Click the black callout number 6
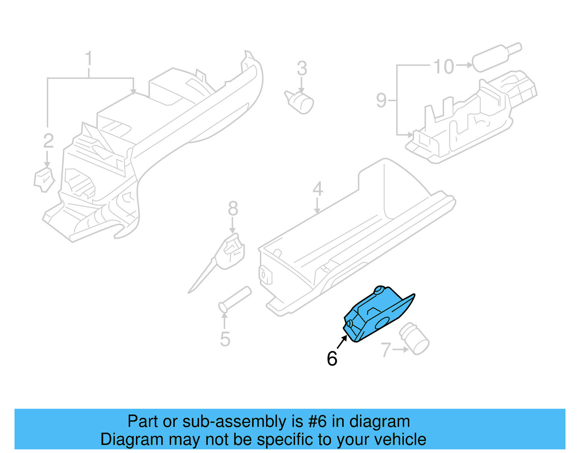pos(332,359)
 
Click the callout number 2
pos(48,141)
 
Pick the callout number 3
pos(302,68)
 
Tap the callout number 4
pos(318,189)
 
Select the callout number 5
pos(225,339)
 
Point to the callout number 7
pos(386,350)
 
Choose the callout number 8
pos(233,209)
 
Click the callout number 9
pos(381,100)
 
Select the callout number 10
pos(443,66)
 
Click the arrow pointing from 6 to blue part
pos(342,342)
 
